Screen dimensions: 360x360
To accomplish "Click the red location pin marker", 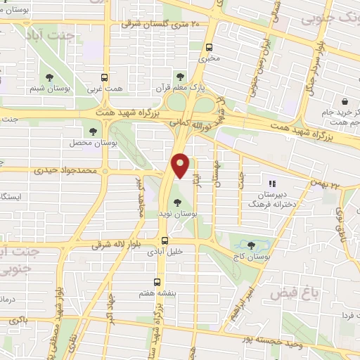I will (181, 166).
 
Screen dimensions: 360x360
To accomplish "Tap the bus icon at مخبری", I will (208, 47).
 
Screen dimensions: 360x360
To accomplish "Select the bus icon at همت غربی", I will (105, 78).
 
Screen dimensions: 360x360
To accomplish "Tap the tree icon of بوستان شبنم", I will (50, 77).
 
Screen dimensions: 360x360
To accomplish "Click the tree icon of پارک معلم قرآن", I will (180, 76).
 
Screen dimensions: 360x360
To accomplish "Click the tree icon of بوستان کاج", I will (252, 245).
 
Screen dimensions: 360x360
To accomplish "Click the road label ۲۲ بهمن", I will (326, 184).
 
